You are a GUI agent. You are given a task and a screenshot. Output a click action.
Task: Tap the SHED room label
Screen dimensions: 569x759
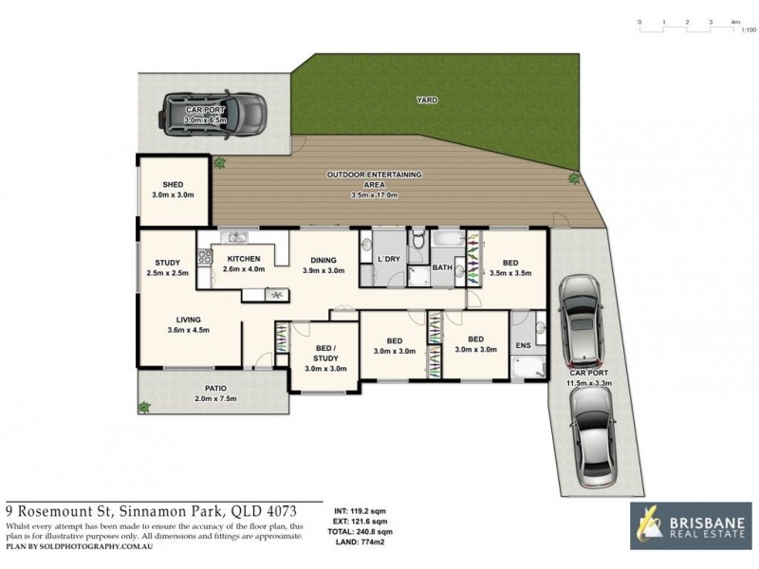(x=172, y=185)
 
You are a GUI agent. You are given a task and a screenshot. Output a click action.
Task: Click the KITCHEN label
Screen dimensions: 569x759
(x=244, y=259)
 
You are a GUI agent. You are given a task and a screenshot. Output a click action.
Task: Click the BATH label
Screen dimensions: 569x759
(x=443, y=268)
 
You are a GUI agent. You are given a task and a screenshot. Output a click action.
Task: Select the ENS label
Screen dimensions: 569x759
(x=522, y=345)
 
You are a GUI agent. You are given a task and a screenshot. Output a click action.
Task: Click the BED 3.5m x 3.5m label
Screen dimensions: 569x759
(x=510, y=263)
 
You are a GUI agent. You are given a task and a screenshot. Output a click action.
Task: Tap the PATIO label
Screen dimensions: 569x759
(x=214, y=387)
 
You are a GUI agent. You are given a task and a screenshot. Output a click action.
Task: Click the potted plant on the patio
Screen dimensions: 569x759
(x=144, y=408)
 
